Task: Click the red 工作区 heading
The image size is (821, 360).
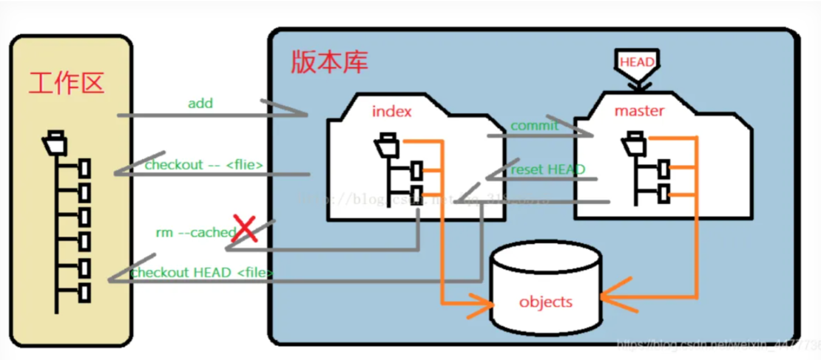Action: click(66, 84)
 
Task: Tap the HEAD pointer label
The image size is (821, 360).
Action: click(636, 62)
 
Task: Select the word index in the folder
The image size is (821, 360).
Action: click(391, 112)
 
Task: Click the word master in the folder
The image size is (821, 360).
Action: click(639, 112)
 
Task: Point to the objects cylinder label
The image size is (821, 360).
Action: click(546, 302)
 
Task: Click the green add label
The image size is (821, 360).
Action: click(200, 103)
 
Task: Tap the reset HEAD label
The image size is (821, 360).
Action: click(547, 169)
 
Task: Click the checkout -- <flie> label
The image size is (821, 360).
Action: click(203, 164)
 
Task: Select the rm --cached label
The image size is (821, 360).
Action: click(195, 232)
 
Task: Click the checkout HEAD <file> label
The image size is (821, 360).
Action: click(202, 273)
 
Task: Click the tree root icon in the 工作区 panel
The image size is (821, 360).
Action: click(55, 141)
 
